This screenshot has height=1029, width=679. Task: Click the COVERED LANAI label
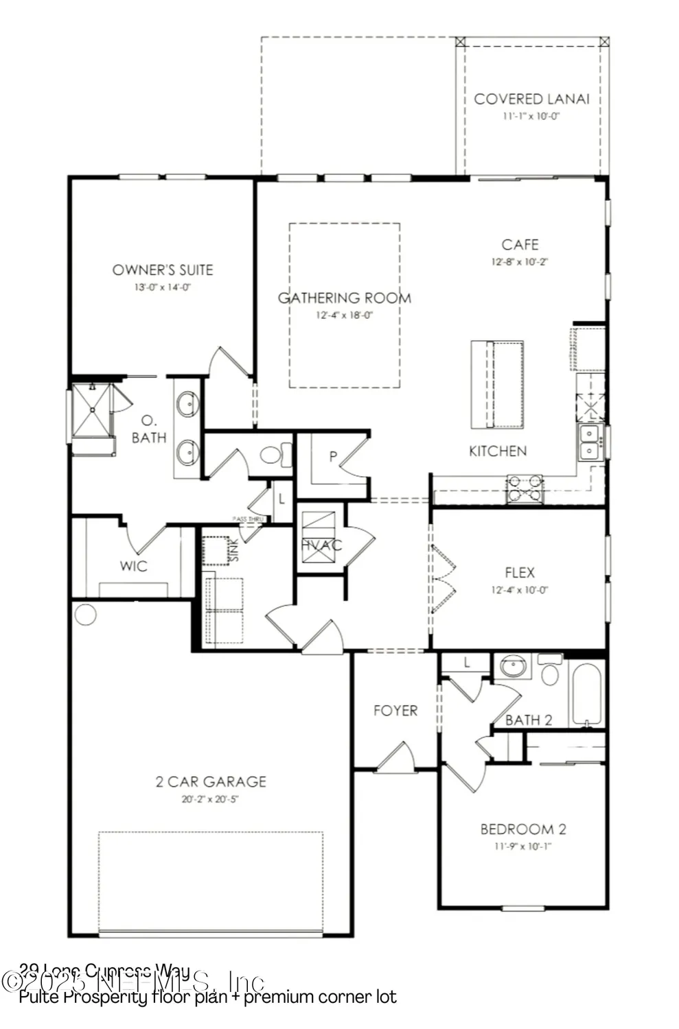(531, 99)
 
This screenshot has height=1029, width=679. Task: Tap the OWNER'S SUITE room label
(163, 270)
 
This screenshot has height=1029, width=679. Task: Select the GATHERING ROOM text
(345, 298)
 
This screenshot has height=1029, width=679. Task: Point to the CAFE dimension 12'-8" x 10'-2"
(520, 261)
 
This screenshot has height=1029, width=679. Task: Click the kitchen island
(497, 384)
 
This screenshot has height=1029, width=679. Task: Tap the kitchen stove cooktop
(525, 488)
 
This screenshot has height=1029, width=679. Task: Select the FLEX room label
(520, 572)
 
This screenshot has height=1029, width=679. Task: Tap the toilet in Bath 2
(550, 672)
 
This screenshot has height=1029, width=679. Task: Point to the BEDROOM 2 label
(523, 829)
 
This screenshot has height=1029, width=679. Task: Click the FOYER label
(395, 711)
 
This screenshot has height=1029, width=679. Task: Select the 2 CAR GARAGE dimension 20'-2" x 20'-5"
(210, 799)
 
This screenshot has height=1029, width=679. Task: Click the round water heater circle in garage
(85, 614)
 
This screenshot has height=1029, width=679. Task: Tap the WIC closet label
(133, 566)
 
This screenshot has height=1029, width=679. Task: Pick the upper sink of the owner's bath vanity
(187, 404)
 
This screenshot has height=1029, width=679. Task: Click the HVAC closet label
(321, 545)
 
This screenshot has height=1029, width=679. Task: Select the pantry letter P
(333, 456)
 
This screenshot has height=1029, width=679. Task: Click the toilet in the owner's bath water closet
(275, 456)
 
